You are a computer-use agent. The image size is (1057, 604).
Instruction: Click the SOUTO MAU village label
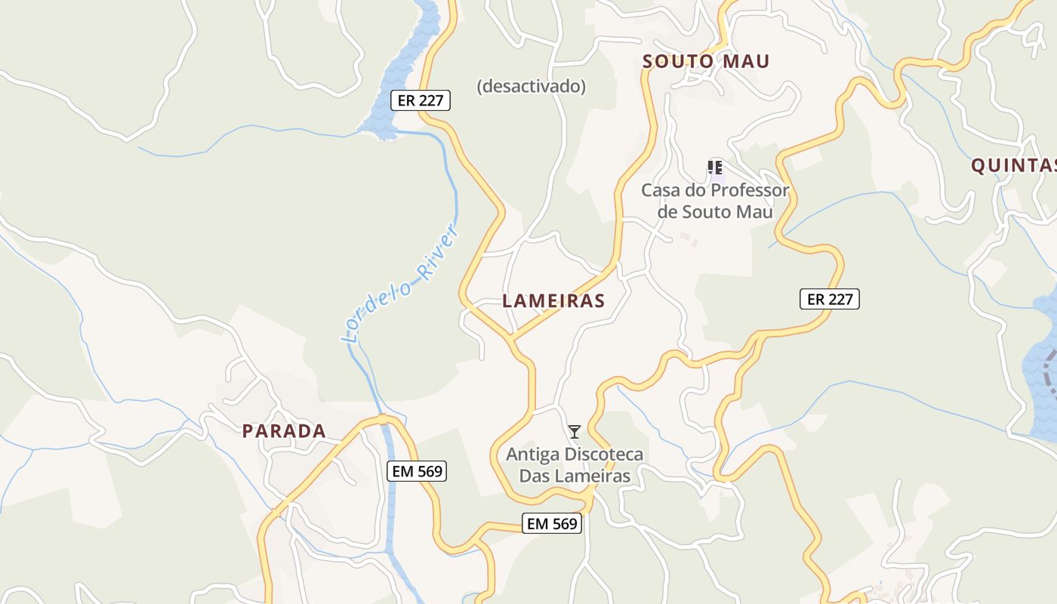[x=705, y=62]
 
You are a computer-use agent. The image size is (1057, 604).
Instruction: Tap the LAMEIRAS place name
[x=553, y=300]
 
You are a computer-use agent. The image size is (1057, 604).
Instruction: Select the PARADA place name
[x=284, y=431]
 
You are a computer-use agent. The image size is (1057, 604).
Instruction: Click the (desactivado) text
[x=531, y=87]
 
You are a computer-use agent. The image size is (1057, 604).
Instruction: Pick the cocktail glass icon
[x=575, y=432]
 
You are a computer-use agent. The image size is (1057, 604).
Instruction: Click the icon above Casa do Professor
[x=714, y=167]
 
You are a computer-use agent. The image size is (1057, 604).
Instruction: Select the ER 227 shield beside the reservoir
[x=420, y=100]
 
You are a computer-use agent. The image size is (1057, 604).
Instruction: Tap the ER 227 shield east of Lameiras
[x=829, y=299]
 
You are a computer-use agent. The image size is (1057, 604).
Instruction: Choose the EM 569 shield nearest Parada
[x=417, y=472]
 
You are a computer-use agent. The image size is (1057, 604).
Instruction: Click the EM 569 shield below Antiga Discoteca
[x=552, y=523]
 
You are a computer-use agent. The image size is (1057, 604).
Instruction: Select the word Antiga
[x=527, y=455]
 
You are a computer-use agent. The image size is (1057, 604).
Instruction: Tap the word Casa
[x=658, y=190]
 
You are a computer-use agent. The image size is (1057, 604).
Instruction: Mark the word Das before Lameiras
[x=535, y=476]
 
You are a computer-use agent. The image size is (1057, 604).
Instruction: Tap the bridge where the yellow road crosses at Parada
[x=383, y=419]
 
